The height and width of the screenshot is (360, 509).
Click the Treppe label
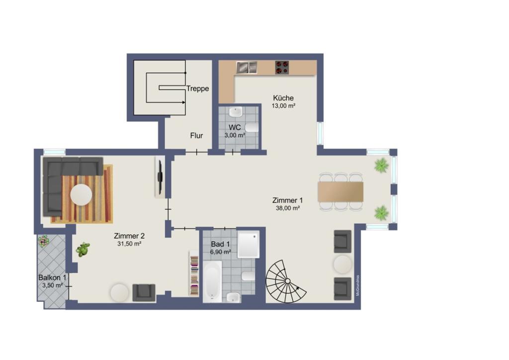(x=197, y=89)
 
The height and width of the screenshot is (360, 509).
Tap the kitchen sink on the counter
(x=247, y=67)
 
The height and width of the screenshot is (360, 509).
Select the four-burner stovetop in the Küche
(x=282, y=68)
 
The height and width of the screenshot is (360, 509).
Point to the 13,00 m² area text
(x=283, y=106)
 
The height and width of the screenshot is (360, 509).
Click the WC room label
(x=235, y=127)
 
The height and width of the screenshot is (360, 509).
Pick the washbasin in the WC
(x=235, y=112)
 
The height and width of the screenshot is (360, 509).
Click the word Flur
(x=196, y=136)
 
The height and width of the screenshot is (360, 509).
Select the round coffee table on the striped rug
(x=81, y=195)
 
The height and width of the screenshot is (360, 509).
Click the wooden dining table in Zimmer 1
(x=340, y=191)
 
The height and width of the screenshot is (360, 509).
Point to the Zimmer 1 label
(x=287, y=200)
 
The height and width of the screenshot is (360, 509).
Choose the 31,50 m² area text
(x=129, y=244)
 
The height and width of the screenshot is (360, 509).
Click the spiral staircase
(x=286, y=281)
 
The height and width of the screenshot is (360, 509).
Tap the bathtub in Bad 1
(x=213, y=282)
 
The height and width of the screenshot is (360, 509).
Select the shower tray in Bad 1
(x=249, y=245)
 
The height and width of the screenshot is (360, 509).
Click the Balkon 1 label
(x=52, y=277)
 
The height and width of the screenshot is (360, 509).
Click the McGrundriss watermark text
(x=358, y=285)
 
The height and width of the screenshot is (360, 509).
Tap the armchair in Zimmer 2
(x=144, y=292)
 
